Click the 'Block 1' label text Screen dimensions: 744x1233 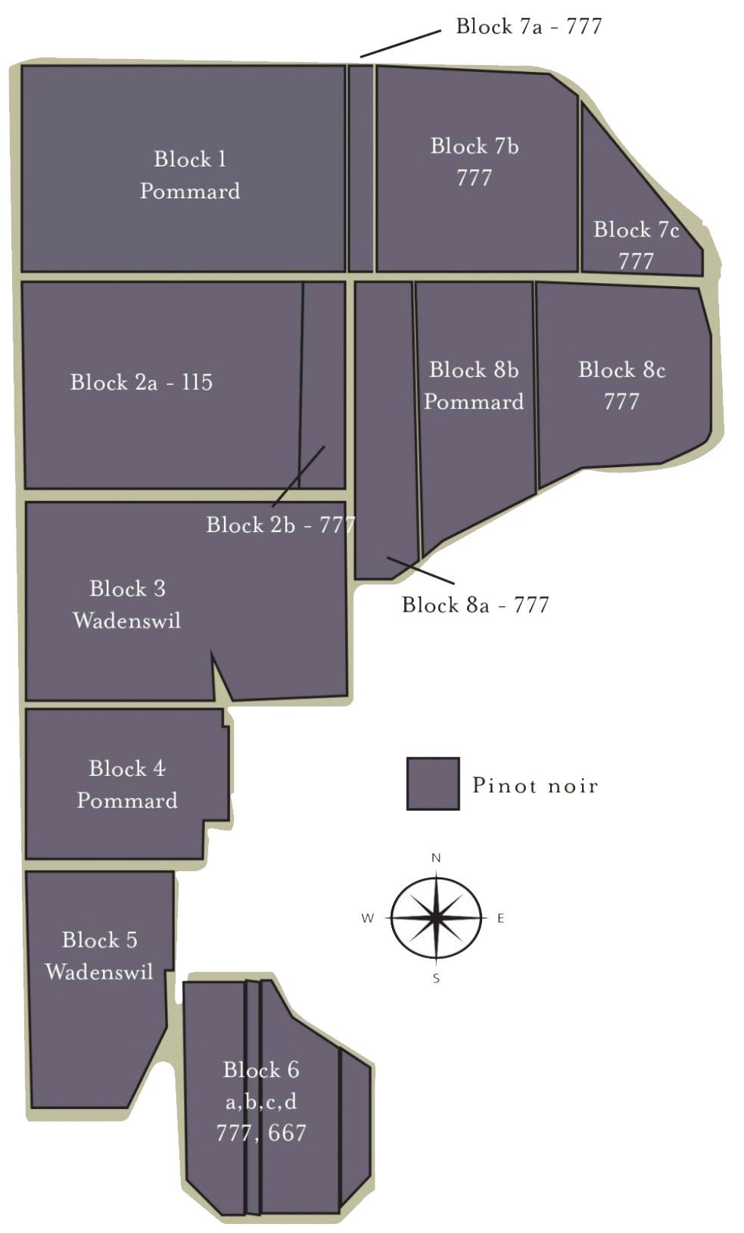click(x=190, y=159)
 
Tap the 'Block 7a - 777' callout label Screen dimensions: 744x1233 click(x=529, y=26)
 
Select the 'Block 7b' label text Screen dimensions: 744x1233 click(x=475, y=146)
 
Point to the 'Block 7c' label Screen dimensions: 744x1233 click(x=636, y=229)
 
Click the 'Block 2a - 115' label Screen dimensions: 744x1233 click(x=142, y=382)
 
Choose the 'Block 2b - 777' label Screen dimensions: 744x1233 click(x=281, y=525)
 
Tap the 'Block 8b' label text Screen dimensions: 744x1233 click(x=474, y=369)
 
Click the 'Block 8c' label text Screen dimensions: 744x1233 click(x=622, y=369)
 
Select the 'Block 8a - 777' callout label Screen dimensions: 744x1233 click(x=475, y=605)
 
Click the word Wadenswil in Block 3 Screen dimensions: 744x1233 click(x=127, y=621)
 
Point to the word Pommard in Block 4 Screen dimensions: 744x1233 click(x=127, y=800)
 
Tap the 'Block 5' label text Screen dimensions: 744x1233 click(x=100, y=939)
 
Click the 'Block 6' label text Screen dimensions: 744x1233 click(x=261, y=1070)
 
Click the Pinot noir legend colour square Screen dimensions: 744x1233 click(x=433, y=784)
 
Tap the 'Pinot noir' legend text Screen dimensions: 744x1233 click(x=535, y=785)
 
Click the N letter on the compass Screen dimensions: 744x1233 click(x=437, y=858)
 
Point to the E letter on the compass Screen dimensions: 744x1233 click(x=501, y=918)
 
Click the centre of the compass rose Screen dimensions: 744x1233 click(x=436, y=918)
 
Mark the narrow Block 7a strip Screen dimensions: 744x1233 click(x=361, y=168)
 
